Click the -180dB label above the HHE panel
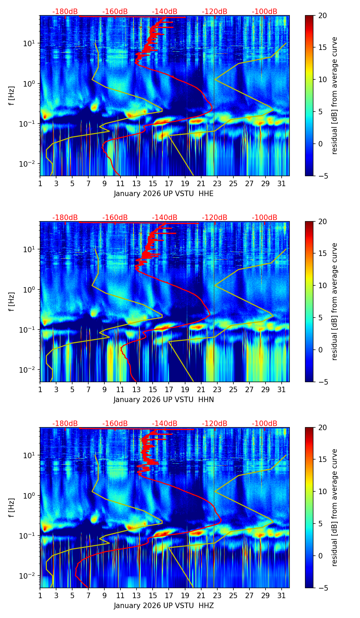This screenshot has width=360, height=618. coord(65,12)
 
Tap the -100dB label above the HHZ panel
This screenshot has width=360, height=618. coord(265,424)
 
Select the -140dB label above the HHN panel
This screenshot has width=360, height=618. coord(165,218)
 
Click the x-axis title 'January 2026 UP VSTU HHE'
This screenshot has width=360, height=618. coord(164,194)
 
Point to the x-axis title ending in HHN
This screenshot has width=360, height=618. coord(164,400)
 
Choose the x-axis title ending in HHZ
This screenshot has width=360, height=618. coord(164,606)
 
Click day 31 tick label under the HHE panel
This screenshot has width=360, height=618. coord(282,183)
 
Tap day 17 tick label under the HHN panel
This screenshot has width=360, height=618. coord(169,389)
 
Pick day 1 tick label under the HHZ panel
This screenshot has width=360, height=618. coord(40,595)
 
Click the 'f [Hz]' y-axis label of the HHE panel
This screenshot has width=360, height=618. coord(12,95)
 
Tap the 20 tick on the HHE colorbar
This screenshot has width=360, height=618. coord(322,15)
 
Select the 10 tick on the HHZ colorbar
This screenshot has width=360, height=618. coord(322,491)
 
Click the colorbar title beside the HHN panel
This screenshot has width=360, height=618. coord(334,301)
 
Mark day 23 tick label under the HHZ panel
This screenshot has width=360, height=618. coord(217,595)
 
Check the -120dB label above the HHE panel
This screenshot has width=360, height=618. coord(215,12)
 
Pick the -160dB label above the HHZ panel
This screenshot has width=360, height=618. coord(115,424)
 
